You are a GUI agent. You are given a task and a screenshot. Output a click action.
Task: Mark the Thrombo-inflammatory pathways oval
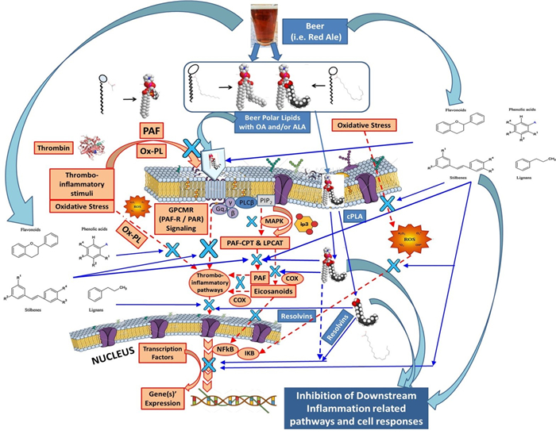(208, 284)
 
